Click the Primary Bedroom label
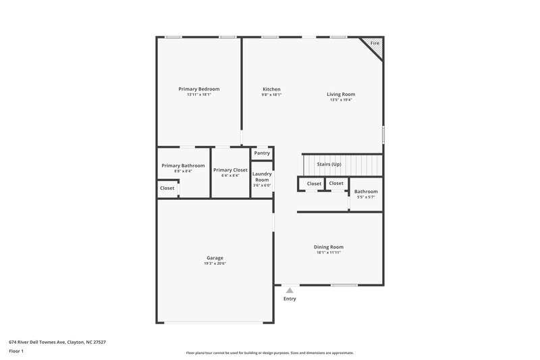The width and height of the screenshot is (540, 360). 198,89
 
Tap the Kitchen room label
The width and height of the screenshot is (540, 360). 271,89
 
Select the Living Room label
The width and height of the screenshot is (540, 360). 341,95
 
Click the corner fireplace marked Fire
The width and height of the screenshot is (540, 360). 375,44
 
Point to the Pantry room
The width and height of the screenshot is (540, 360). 261,153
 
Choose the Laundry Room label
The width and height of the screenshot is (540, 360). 262,177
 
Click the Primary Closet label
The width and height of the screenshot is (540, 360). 230,170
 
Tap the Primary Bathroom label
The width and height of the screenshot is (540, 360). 183,165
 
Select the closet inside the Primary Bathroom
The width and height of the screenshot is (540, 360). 167,188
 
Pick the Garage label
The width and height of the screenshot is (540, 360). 215,258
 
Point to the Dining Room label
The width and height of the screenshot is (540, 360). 328,247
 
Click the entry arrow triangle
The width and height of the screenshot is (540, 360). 290,290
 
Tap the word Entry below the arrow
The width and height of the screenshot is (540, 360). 290,299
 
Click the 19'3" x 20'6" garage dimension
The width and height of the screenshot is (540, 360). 215,263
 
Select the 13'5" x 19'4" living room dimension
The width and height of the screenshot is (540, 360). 341,100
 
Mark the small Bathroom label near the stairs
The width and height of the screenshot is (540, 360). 366,192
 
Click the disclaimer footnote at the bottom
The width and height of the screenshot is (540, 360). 269,353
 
